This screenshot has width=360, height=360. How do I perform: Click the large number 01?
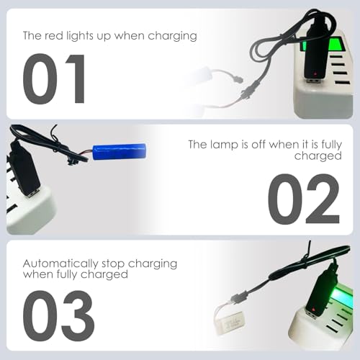click(x=54, y=79)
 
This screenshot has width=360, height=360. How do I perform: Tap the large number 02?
click(x=303, y=198)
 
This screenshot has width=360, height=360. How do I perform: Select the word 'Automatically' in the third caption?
click(x=58, y=264)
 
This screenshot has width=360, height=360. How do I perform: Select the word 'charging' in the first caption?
click(x=171, y=35)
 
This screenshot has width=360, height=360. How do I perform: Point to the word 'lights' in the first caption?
click(x=84, y=35)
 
